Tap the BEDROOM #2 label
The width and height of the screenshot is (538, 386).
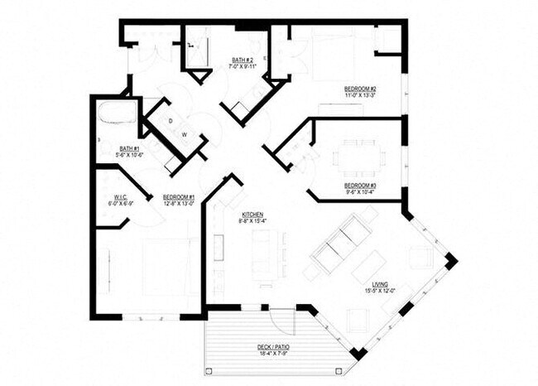click(361, 89)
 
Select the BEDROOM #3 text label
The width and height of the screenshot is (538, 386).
click(360, 185)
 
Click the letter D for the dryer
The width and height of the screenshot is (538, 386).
click(171, 120)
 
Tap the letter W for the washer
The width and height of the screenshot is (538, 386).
click(185, 134)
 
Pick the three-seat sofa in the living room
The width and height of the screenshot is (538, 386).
click(340, 239)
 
